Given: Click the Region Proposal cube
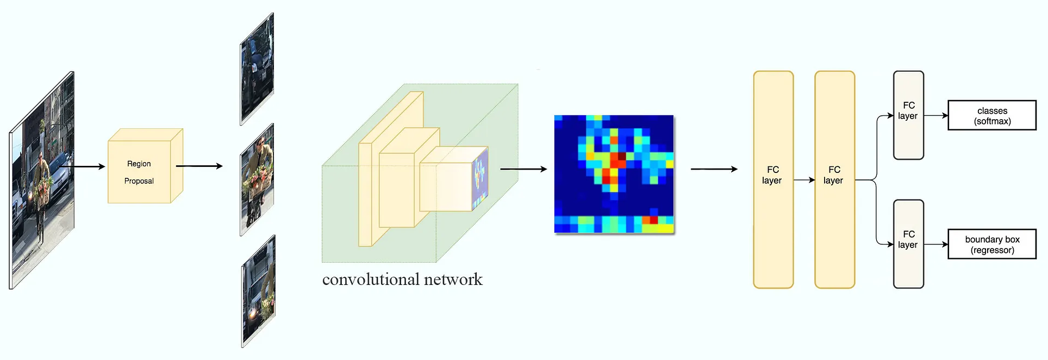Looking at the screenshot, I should pos(140,171).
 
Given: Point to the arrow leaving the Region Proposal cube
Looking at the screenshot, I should pos(199,166).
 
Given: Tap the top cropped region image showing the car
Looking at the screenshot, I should pos(257,69).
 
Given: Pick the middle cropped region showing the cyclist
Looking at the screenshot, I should pos(257,179).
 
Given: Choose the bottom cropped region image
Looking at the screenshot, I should pos(258,291).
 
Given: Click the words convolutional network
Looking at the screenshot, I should pos(402,280).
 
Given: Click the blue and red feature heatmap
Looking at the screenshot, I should pos(614,174).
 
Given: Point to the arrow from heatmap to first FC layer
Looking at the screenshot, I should pos(714,169).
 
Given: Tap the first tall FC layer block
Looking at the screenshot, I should pos(773,179).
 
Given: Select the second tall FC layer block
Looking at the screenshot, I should pos(834,179).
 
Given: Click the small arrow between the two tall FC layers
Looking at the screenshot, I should pos(804,179).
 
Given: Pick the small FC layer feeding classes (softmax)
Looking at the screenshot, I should pos(908,115).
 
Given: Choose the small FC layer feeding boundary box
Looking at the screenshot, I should pos(908,244).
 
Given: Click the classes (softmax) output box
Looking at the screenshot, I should pos(992,115).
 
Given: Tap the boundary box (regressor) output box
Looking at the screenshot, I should pos(992,244).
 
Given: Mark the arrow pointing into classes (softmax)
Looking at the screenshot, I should pos(935,115).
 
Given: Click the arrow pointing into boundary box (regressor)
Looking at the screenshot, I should pos(935,244).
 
